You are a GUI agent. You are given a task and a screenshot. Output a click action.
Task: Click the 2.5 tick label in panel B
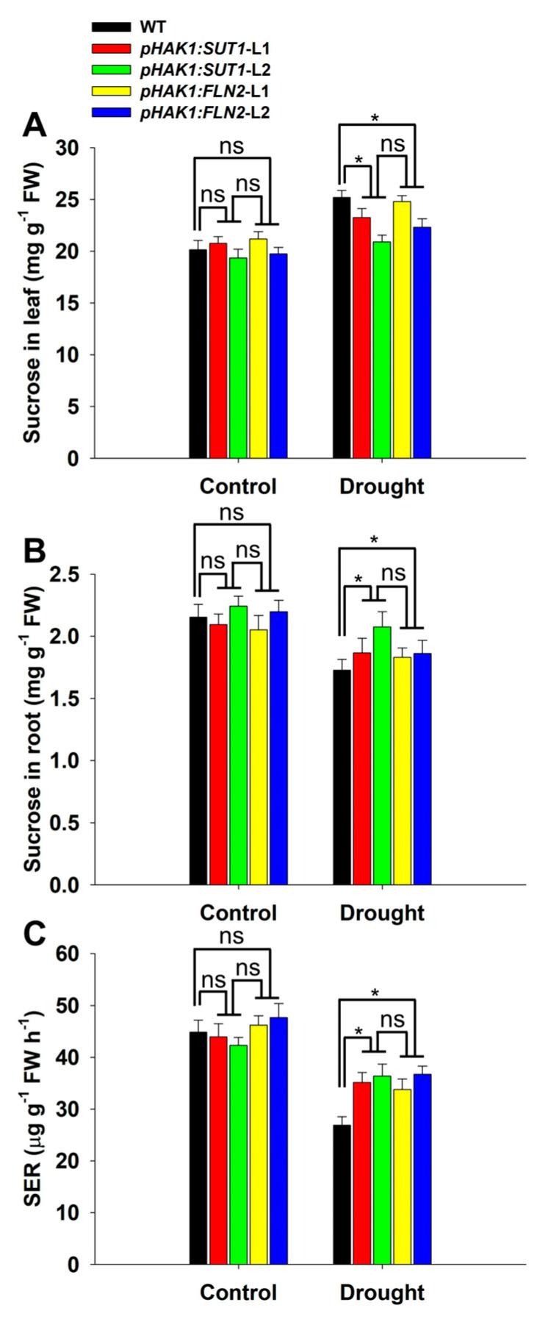click(70, 574)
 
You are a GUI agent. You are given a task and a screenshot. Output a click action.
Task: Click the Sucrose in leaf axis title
click(32, 303)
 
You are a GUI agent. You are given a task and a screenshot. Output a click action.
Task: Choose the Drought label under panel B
click(381, 913)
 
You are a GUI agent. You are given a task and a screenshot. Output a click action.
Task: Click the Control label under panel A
click(238, 487)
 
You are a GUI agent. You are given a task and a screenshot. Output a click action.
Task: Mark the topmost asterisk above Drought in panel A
click(377, 118)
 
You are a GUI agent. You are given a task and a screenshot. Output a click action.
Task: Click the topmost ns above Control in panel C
click(232, 936)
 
